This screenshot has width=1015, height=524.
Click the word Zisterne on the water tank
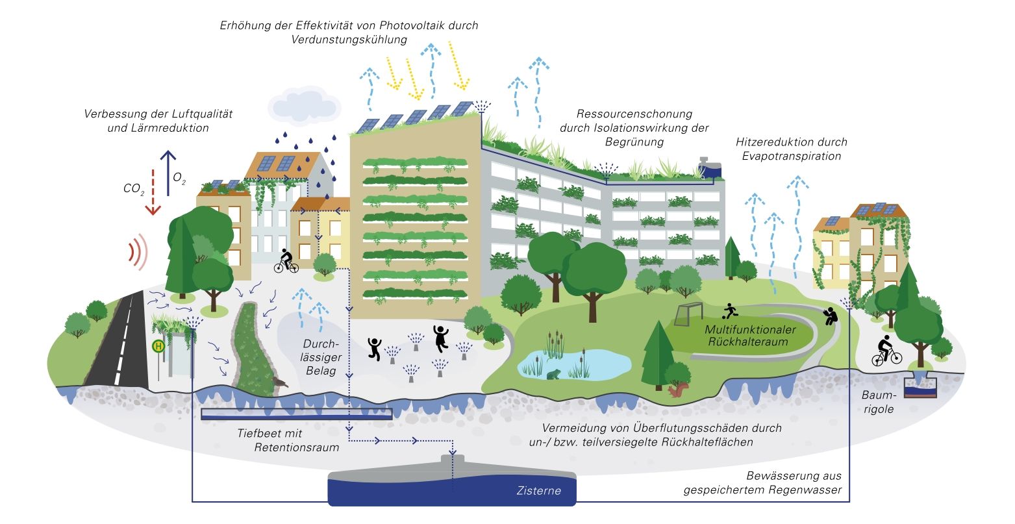click(538, 490)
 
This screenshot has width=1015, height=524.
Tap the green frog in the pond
click(553, 375)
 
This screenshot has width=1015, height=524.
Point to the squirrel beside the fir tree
click(679, 390)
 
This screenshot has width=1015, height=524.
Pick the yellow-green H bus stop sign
click(158, 346)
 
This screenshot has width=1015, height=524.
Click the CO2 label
click(134, 189)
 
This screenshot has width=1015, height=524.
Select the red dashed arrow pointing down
click(153, 192)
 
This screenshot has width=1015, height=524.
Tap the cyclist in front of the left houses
click(286, 262)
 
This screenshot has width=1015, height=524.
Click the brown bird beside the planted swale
click(280, 382)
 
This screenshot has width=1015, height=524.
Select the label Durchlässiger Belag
click(321, 357)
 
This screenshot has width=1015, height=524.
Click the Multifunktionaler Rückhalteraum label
click(741, 336)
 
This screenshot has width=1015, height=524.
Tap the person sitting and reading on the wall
click(829, 316)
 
